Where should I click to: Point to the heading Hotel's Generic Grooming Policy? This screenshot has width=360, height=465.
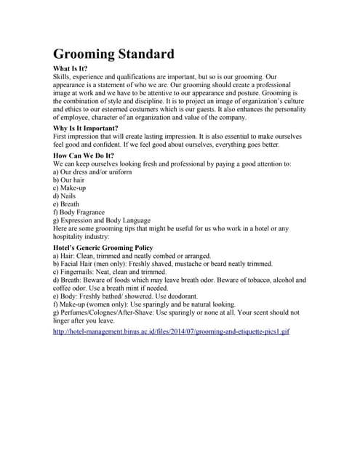coord(103,248)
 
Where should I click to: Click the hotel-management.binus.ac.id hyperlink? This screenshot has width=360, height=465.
coord(172,331)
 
